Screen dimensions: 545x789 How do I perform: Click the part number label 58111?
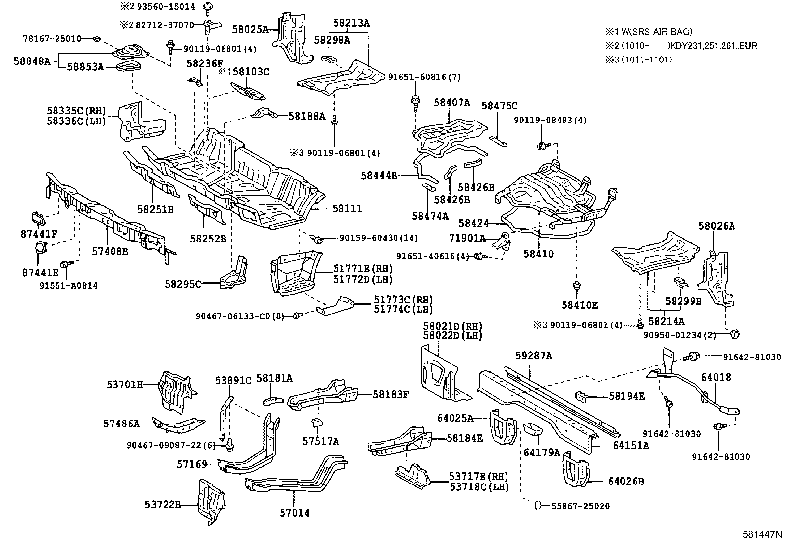347,209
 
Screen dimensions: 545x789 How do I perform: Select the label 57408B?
110,252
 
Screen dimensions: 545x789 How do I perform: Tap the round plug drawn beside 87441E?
39,247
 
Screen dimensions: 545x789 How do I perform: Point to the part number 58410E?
579,305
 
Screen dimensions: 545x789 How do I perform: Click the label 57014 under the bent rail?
294,513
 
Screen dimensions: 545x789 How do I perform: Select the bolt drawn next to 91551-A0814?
65,264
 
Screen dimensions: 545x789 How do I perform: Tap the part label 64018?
716,378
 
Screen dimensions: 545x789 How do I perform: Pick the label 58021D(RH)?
452,326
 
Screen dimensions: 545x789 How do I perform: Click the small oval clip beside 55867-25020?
537,506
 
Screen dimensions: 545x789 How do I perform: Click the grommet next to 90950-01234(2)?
734,335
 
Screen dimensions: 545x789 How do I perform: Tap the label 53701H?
125,385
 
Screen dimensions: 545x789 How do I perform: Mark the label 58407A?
451,103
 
